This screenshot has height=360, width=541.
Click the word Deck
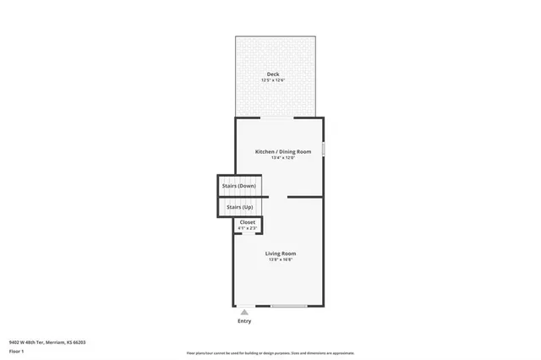pos(273,74)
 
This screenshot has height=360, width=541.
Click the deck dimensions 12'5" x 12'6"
pos(273,80)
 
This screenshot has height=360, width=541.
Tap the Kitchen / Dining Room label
pos(283,151)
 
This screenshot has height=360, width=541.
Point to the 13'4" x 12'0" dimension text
pos(283,158)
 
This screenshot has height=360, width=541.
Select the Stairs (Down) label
pos(238,185)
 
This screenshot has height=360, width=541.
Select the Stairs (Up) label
pos(238,207)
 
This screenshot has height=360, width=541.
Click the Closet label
pos(247,222)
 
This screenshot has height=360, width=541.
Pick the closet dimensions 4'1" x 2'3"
pos(247,228)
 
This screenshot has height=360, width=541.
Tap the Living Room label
pos(281,253)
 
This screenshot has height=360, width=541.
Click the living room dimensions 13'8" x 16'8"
pos(281,259)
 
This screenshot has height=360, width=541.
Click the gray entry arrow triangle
pos(244,312)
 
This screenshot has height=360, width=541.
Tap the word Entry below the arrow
pos(244,321)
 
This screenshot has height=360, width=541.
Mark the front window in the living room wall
pos(289,306)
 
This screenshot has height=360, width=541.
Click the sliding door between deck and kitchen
pos(278,117)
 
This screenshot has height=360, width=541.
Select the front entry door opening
pos(244,306)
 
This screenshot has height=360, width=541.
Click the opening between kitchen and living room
pos(278,197)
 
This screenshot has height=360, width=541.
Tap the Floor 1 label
pos(16,350)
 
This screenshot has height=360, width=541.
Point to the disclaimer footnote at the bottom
pos(270,353)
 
